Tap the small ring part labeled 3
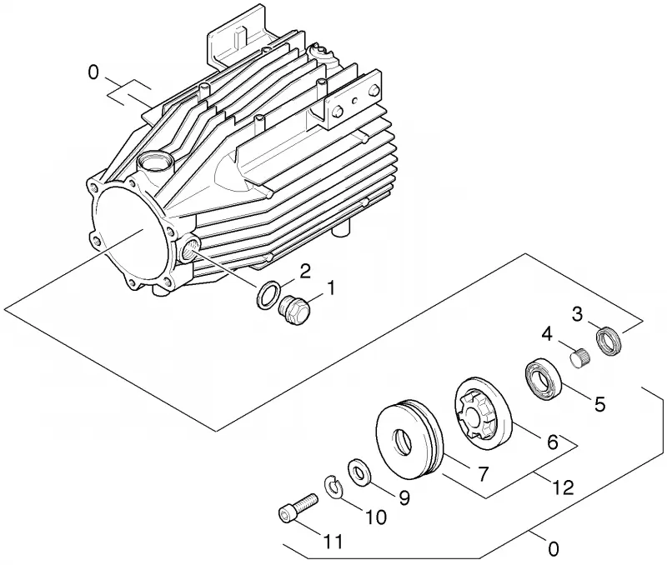point(609,342)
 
